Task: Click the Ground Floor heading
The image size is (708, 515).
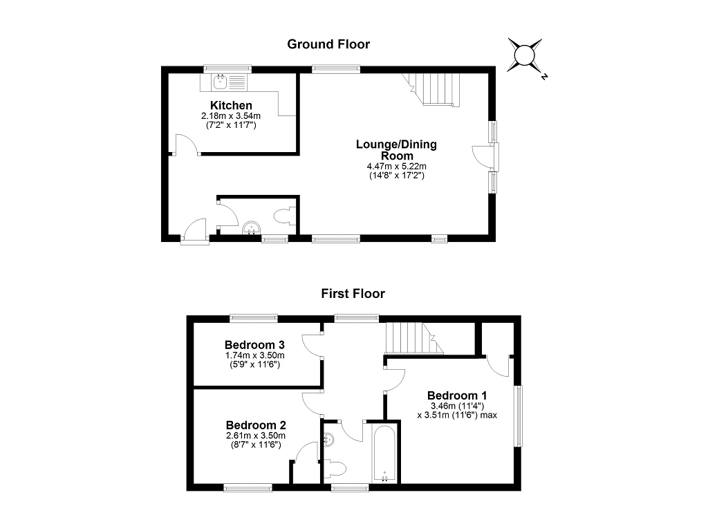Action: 328,44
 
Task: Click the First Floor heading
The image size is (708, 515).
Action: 353,293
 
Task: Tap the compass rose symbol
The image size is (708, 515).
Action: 524,55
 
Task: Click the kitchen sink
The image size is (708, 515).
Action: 221,83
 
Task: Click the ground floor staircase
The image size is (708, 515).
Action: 436,89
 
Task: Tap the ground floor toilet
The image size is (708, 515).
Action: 284,216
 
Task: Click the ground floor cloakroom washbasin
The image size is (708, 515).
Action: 251,227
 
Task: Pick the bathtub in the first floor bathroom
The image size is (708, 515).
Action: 383,454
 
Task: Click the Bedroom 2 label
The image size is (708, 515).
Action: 255,425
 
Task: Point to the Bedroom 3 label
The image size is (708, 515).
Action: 255,345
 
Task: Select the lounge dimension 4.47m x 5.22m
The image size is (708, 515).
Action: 396,167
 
